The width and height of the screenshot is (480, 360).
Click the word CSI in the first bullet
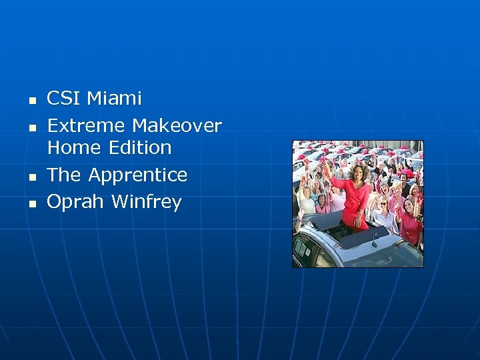[x=64, y=99]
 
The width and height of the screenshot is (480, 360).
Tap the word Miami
[x=115, y=99]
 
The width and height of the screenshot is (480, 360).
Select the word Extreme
[x=87, y=125]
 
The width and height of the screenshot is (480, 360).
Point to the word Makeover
[x=177, y=125]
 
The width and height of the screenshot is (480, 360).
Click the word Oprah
[x=76, y=202]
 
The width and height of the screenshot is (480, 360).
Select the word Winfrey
[x=147, y=202]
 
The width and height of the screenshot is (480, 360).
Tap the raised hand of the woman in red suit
[x=327, y=165]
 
